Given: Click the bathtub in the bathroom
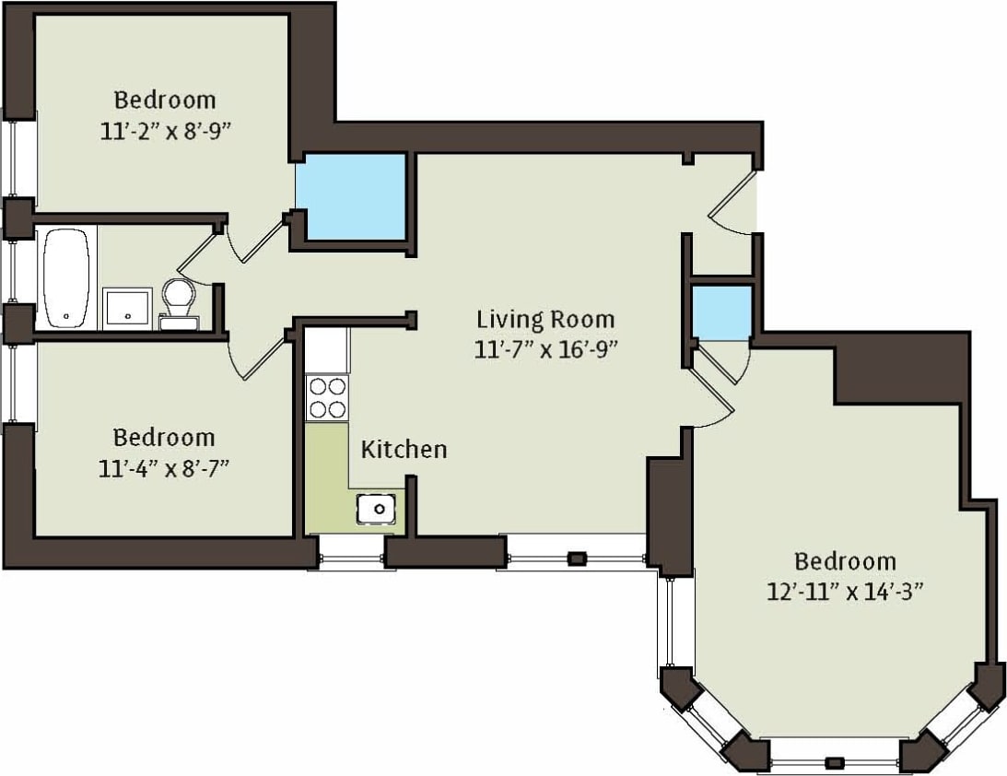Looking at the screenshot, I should click(x=67, y=277).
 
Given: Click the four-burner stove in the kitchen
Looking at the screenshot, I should click(x=327, y=397).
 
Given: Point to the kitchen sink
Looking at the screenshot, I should click(x=377, y=508).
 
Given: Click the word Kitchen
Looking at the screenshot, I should click(x=404, y=450).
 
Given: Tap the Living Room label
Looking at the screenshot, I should click(x=545, y=320).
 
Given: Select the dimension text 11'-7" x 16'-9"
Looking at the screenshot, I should click(x=545, y=349).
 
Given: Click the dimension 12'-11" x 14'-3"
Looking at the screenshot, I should click(x=845, y=591).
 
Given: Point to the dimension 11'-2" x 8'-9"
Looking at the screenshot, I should click(x=164, y=130).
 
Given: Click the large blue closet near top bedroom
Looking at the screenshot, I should click(x=351, y=197).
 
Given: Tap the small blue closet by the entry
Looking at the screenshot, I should click(x=721, y=312).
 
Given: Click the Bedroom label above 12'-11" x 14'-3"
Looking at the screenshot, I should click(x=845, y=560).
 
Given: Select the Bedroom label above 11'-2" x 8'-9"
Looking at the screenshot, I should click(x=164, y=100).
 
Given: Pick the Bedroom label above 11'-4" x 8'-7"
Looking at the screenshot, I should click(x=164, y=437).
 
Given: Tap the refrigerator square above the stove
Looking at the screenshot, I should click(x=327, y=350).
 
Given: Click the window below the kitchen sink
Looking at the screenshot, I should click(x=351, y=552).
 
